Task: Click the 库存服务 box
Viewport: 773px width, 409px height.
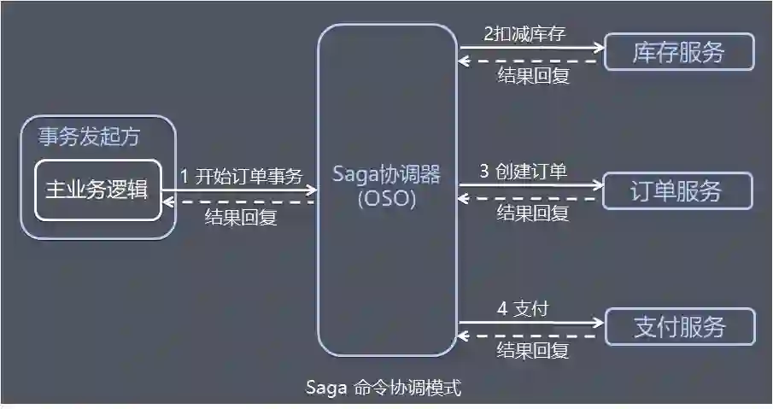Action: [679, 52]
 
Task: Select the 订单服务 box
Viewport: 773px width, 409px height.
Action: [678, 190]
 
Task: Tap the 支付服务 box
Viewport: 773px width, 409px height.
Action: [680, 326]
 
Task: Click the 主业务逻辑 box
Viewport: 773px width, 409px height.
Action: [97, 190]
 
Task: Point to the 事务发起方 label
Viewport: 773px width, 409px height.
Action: [89, 136]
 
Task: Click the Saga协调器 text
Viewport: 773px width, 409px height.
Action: [387, 176]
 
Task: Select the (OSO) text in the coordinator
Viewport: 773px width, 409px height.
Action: [387, 201]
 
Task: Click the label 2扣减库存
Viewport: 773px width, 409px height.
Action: [524, 33]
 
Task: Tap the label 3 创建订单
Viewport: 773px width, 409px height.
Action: [523, 171]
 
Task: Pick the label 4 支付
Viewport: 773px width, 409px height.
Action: [522, 309]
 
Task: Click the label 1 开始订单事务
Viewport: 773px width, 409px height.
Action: [241, 177]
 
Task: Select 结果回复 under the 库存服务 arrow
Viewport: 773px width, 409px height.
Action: [533, 75]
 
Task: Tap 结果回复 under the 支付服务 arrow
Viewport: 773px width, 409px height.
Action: [533, 350]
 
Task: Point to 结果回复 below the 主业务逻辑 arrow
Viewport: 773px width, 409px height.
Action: [241, 218]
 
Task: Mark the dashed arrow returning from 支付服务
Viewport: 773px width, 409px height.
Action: [530, 335]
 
